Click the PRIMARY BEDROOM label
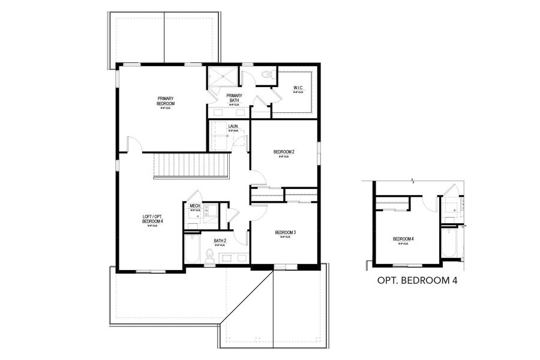[x=166, y=100]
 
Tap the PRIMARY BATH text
[x=234, y=98]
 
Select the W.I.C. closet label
[x=298, y=90]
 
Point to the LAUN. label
[x=234, y=127]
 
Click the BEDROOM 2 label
[x=284, y=153]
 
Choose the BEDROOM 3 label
[x=286, y=233]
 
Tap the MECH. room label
[x=195, y=208]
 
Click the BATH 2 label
[x=220, y=242]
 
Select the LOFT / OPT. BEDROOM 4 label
[x=152, y=220]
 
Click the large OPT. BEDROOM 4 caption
[x=414, y=280]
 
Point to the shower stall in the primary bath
[x=222, y=78]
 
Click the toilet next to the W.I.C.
[x=266, y=75]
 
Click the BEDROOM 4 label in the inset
[x=403, y=239]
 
